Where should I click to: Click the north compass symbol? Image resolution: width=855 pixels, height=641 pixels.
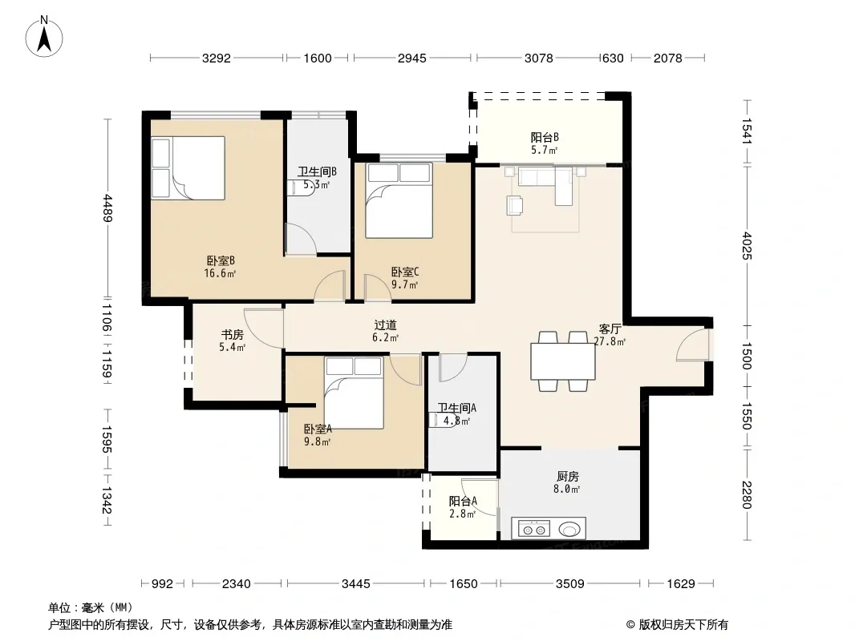[44, 37]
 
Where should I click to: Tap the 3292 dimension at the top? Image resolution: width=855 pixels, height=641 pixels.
[217, 58]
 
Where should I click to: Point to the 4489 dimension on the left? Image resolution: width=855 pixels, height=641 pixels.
[107, 208]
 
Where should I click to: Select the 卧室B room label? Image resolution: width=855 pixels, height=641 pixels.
[221, 261]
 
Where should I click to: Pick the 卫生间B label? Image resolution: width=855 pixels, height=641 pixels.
[317, 171]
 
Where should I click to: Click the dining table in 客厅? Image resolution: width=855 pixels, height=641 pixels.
[563, 361]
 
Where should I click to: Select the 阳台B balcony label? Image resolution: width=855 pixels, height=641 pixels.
[545, 137]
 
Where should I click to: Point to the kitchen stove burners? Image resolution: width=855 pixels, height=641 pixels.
[534, 529]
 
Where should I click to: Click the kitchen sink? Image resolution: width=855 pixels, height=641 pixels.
[569, 529]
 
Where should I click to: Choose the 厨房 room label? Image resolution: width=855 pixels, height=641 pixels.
[568, 477]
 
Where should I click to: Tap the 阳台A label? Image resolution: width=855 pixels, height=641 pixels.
[463, 501]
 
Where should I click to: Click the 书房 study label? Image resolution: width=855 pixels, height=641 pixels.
[233, 334]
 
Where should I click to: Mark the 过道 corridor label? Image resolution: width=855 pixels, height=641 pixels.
[385, 325]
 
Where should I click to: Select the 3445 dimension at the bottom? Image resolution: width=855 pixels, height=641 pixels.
[355, 584]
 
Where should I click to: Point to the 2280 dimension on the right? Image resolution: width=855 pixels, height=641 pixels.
[747, 494]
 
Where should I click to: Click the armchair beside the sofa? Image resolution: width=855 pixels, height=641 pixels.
[515, 205]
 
